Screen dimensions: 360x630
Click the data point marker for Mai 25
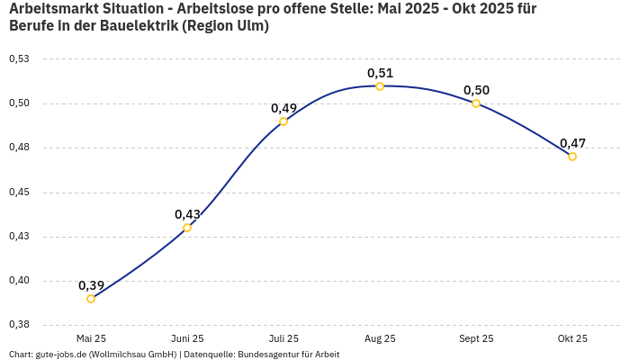(91, 299)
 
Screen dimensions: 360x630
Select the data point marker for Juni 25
(187, 228)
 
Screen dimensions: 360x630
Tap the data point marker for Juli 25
(283, 121)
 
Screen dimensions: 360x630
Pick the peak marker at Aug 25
(380, 86)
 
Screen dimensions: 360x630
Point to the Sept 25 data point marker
(476, 103)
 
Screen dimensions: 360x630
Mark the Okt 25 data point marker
(572, 157)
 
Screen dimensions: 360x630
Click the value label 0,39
(91, 285)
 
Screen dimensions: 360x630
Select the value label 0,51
(380, 73)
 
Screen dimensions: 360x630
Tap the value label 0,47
(572, 143)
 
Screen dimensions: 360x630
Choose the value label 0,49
(283, 108)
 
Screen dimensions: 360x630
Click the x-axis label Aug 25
(380, 338)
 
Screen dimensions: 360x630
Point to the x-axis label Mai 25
(91, 338)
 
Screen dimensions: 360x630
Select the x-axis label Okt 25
(572, 338)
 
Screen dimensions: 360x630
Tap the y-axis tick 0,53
(19, 58)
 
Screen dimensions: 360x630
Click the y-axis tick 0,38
(19, 324)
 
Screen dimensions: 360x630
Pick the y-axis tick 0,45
(19, 192)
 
